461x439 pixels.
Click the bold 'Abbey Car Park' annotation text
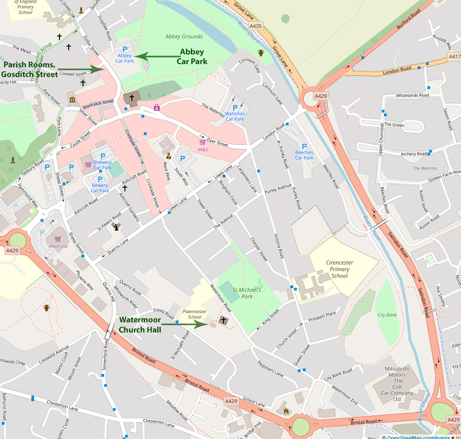click(192, 57)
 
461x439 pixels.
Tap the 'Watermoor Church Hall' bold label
click(140, 325)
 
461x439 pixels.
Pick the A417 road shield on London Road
click(454, 57)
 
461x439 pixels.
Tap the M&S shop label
click(203, 149)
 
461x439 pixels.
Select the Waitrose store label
click(58, 246)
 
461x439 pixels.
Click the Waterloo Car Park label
click(235, 116)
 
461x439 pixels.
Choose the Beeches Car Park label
click(304, 155)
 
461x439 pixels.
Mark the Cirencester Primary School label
click(340, 269)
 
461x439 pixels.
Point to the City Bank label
click(387, 315)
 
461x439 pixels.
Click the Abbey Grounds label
click(184, 36)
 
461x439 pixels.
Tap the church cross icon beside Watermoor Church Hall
click(224, 320)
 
